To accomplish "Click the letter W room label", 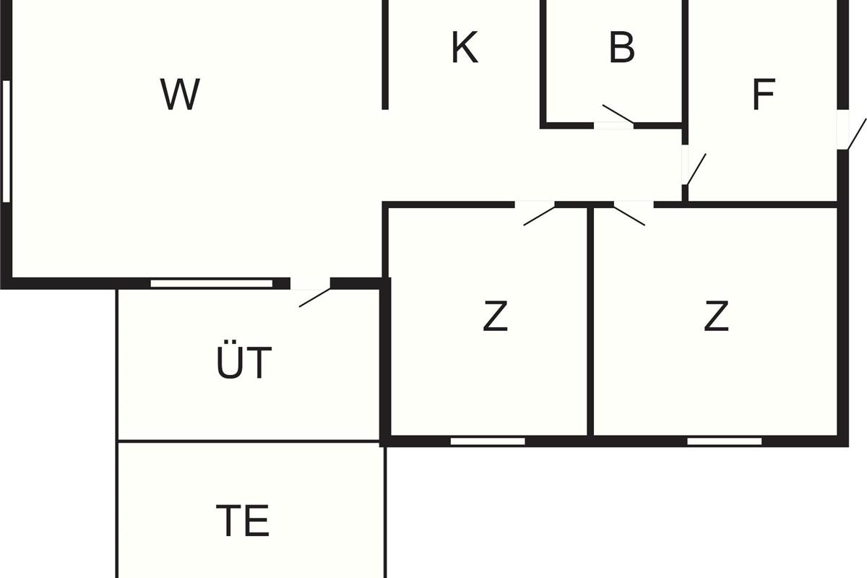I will pyautogui.click(x=180, y=95).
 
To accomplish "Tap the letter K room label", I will pyautogui.click(x=465, y=48).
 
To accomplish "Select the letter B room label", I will pyautogui.click(x=621, y=48).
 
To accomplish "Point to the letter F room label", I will pyautogui.click(x=763, y=95).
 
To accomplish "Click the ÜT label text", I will pyautogui.click(x=244, y=363).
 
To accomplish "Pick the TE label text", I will pyautogui.click(x=243, y=520).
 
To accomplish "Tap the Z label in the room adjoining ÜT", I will pyautogui.click(x=495, y=316).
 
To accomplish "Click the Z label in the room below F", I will pyautogui.click(x=715, y=316).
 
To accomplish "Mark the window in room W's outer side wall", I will pyautogui.click(x=7, y=141).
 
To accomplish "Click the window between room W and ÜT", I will pyautogui.click(x=212, y=283).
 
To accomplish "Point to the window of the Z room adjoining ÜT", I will pyautogui.click(x=488, y=441).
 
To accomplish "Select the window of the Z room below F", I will pyautogui.click(x=724, y=441).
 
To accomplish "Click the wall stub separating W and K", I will pyautogui.click(x=385, y=54).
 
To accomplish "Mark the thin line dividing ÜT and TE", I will pyautogui.click(x=249, y=441).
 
